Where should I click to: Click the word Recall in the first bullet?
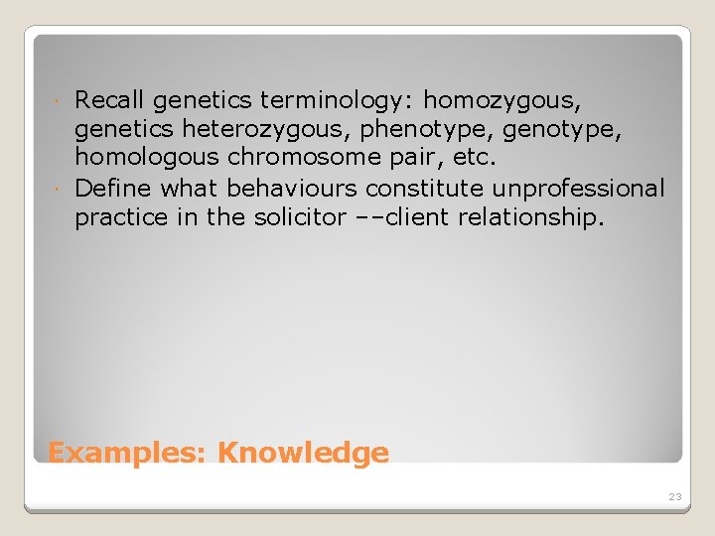click(x=110, y=99)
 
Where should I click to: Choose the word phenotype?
click(x=388, y=129)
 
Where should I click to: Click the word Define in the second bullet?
click(x=112, y=189)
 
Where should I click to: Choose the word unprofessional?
click(x=578, y=189)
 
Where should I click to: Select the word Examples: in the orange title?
click(x=127, y=454)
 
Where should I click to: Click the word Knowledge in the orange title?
click(x=303, y=454)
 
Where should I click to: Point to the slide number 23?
click(x=674, y=496)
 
